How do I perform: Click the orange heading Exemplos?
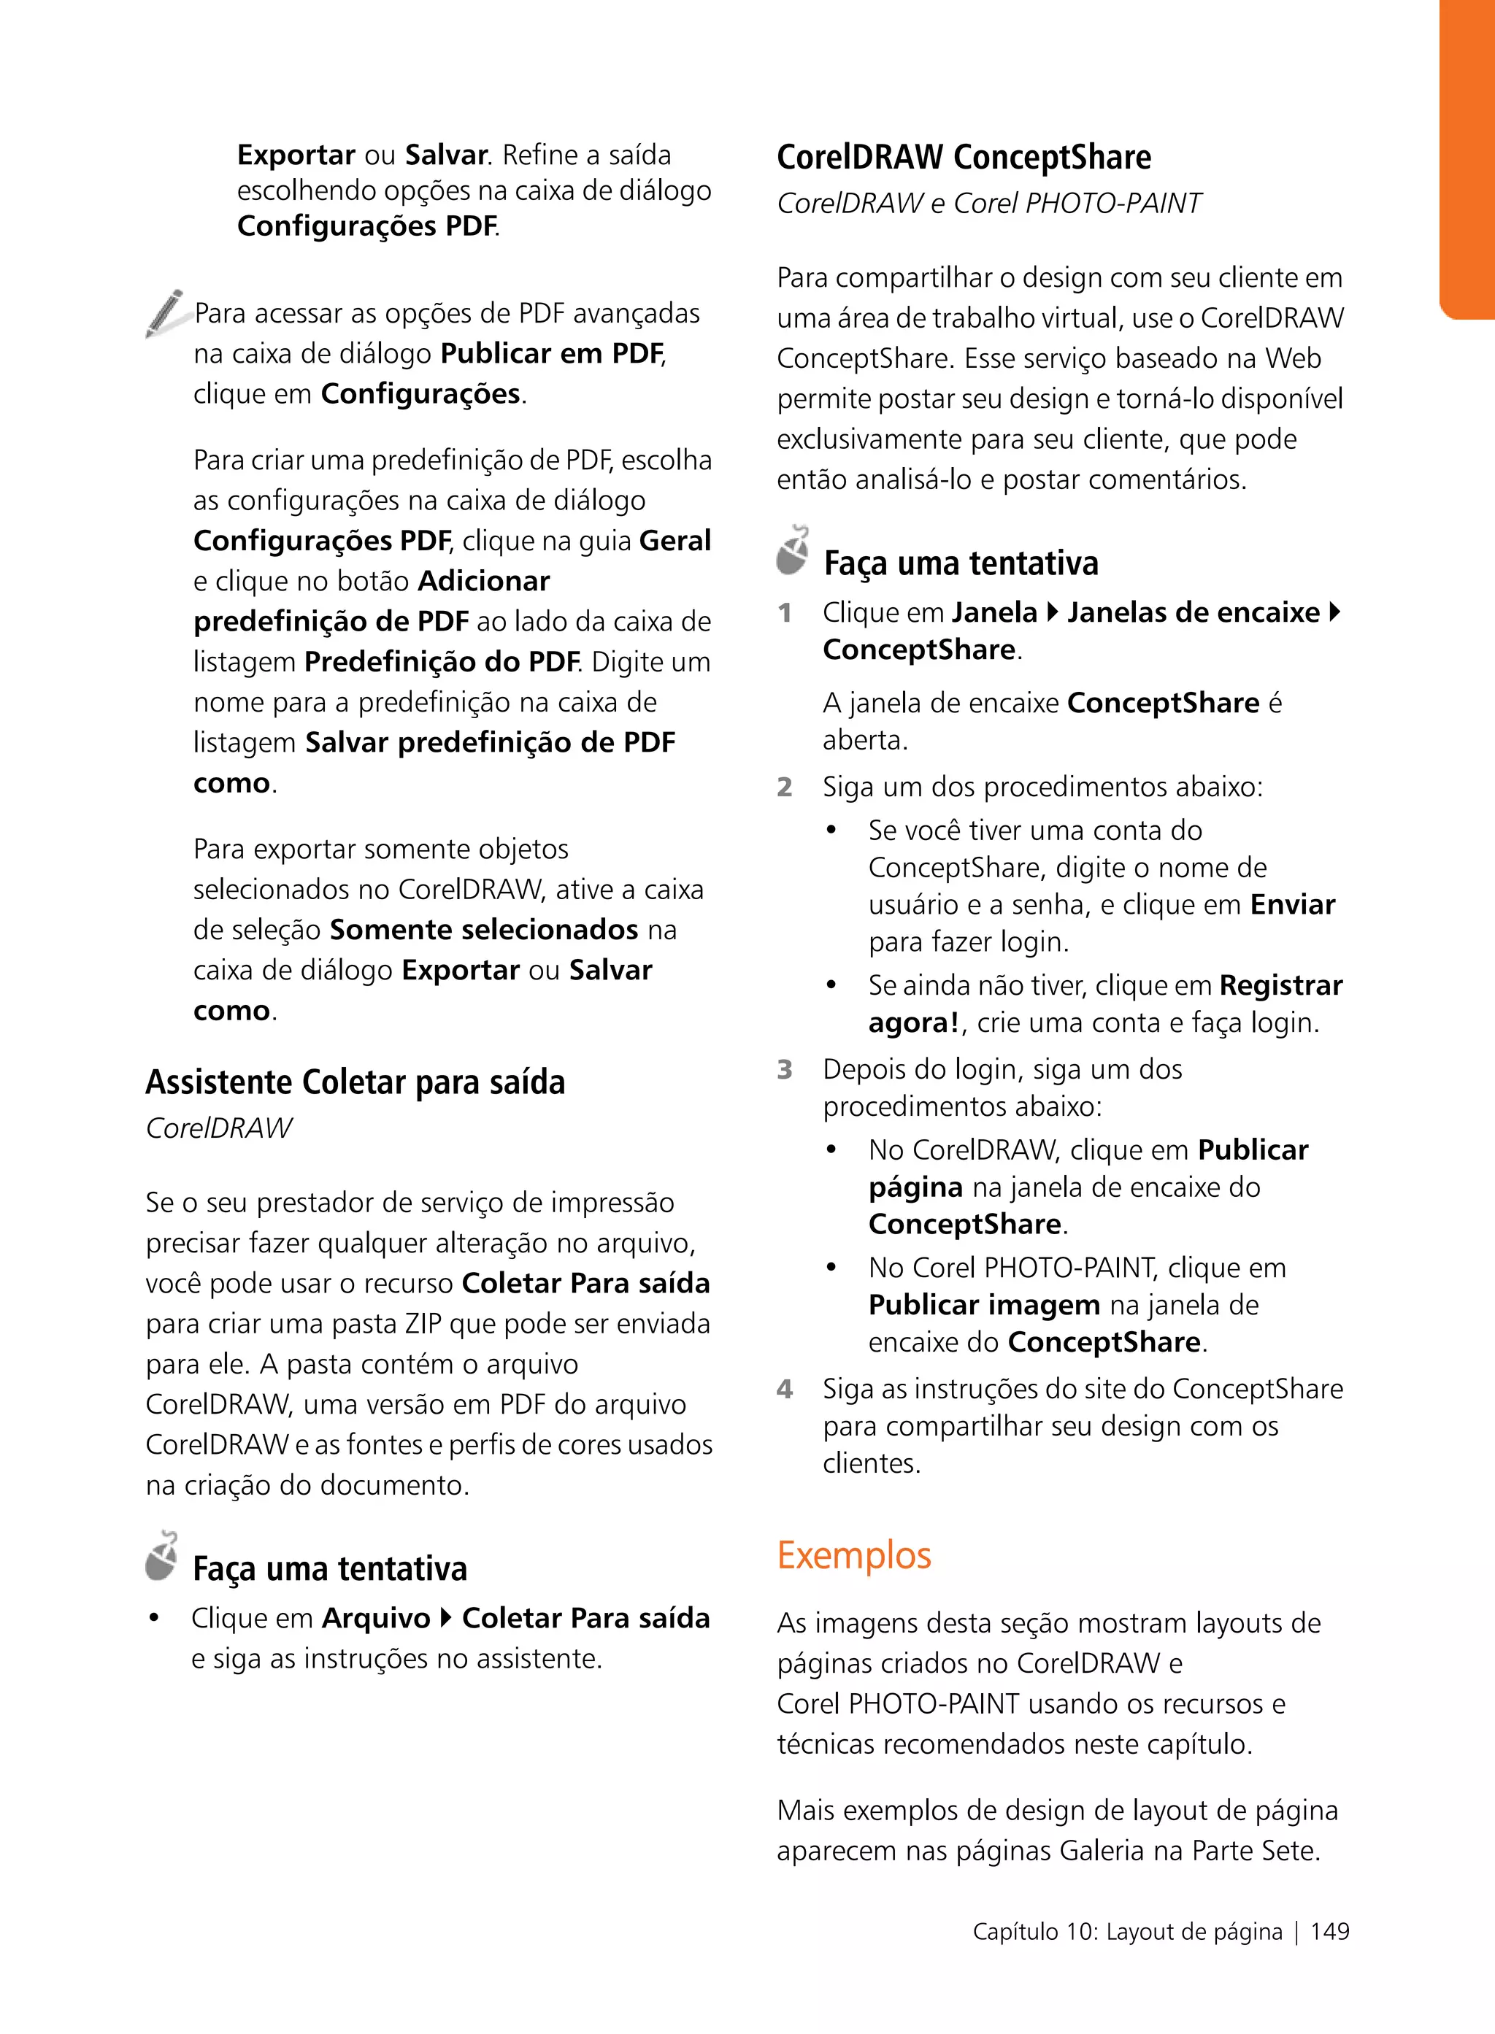click(853, 1555)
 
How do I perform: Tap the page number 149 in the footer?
click(1329, 1932)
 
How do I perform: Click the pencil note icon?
click(166, 313)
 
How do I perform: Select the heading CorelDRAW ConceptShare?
click(963, 158)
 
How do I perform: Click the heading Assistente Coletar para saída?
click(355, 1082)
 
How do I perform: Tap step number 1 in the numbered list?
click(785, 614)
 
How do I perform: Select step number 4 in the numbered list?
click(785, 1389)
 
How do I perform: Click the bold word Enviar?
click(1292, 905)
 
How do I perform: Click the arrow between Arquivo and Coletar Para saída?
click(446, 1618)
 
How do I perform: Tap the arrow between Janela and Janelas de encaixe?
click(1052, 612)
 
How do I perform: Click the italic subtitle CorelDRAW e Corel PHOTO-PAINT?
click(988, 204)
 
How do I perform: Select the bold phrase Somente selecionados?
click(484, 930)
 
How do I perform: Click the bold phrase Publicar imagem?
click(984, 1305)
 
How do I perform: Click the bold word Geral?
click(675, 541)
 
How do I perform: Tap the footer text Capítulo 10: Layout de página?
click(1126, 1932)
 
